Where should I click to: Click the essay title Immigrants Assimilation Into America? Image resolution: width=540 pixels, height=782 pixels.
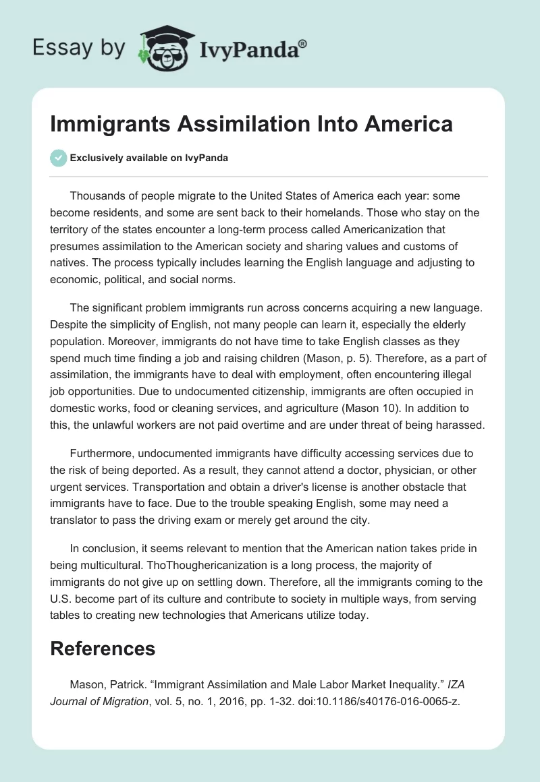(x=251, y=125)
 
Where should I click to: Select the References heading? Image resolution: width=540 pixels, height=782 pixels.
(x=103, y=649)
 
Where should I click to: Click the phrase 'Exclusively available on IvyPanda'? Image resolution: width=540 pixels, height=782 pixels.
(x=149, y=158)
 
